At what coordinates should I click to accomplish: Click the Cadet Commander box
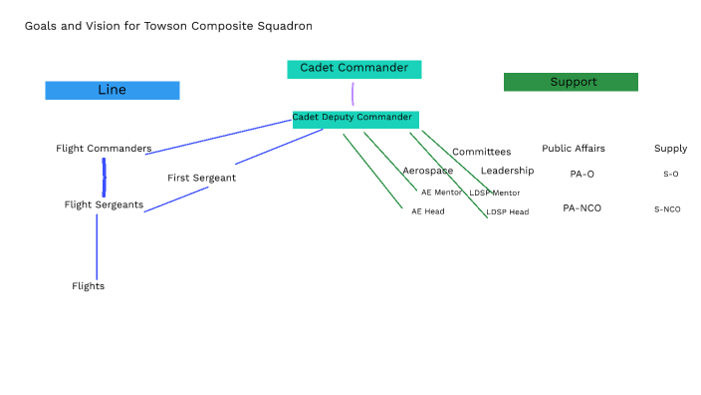(x=353, y=69)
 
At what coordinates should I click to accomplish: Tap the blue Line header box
(x=112, y=91)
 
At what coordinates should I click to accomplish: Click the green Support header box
(x=571, y=82)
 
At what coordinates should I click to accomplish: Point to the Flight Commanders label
(x=104, y=149)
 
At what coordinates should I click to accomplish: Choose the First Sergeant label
(x=201, y=178)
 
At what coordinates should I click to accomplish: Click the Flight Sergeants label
(x=104, y=204)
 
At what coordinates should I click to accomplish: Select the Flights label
(x=88, y=286)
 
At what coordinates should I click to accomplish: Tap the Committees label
(x=481, y=152)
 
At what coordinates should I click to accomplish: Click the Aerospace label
(x=427, y=171)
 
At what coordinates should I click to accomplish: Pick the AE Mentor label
(x=441, y=193)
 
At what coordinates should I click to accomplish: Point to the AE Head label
(x=428, y=211)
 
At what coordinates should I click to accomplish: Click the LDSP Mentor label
(x=495, y=193)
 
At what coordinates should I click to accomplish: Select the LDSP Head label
(x=508, y=211)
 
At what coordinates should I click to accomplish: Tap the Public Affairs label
(x=573, y=149)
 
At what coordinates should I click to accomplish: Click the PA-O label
(x=582, y=174)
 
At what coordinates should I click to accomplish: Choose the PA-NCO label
(x=582, y=208)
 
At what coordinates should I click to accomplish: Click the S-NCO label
(x=667, y=209)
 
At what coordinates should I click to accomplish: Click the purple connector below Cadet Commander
(x=352, y=93)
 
